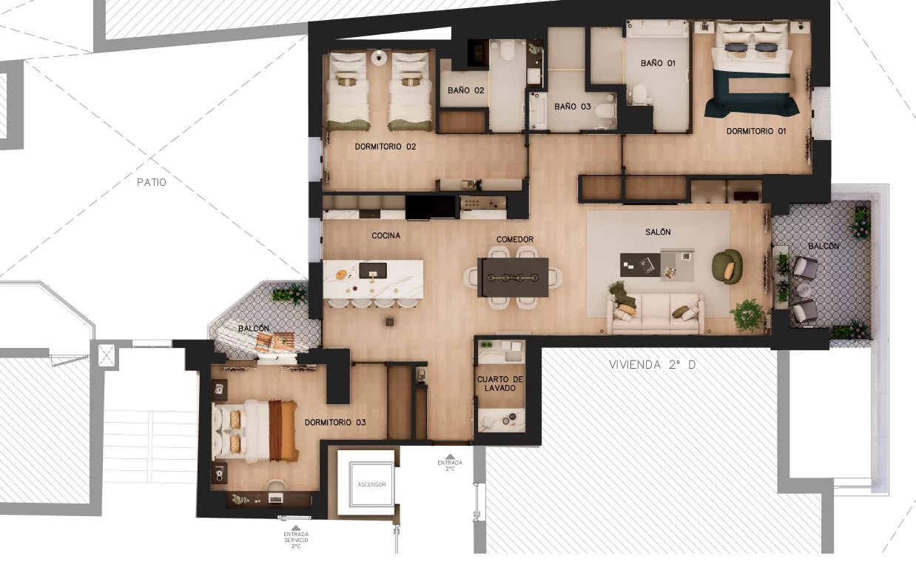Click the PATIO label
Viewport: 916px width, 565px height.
152,182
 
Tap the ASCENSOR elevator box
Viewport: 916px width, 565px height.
371,484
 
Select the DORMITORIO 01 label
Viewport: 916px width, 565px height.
756,131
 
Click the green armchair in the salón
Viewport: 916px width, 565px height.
727,267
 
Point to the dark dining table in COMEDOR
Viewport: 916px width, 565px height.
513,277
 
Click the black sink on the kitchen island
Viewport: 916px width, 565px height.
372,270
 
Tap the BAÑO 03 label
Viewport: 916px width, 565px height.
573,107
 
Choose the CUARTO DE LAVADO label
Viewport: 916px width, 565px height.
499,384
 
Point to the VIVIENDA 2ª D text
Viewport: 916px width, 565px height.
653,364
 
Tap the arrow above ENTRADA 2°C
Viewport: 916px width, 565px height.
450,457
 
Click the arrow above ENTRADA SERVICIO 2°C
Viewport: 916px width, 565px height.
296,528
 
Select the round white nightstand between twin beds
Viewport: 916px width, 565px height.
380,57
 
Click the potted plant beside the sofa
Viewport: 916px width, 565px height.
747,315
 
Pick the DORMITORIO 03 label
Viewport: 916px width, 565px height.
335,423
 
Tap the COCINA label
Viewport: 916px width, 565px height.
386,235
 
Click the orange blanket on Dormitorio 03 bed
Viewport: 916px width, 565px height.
283,430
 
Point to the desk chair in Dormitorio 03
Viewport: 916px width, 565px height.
276,486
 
